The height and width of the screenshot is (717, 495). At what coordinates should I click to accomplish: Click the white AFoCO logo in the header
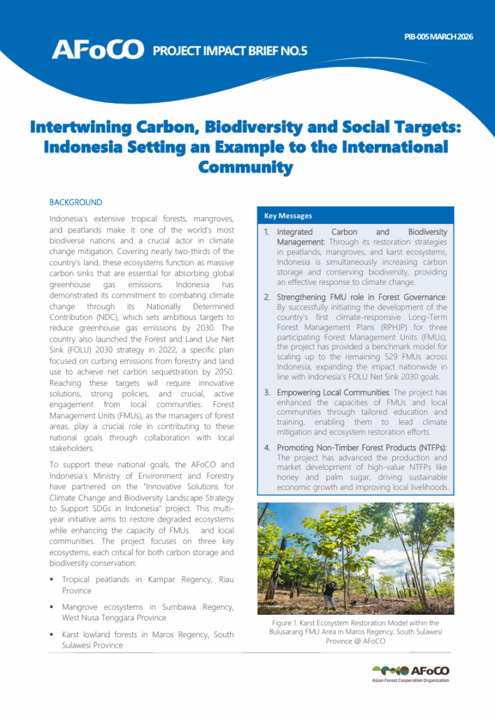pyautogui.click(x=98, y=49)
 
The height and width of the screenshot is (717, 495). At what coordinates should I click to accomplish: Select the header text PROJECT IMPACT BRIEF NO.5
pyautogui.click(x=229, y=50)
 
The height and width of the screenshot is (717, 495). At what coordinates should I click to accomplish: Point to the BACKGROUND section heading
pyautogui.click(x=76, y=202)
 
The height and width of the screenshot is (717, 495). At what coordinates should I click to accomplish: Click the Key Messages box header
pyautogui.click(x=288, y=216)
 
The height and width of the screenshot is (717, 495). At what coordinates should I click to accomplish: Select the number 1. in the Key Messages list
pyautogui.click(x=267, y=232)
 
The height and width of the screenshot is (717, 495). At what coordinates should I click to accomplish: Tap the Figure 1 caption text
pyautogui.click(x=355, y=632)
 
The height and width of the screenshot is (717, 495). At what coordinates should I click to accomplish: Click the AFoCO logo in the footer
pyautogui.click(x=411, y=670)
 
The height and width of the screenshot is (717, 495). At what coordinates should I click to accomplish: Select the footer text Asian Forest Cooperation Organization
pyautogui.click(x=410, y=681)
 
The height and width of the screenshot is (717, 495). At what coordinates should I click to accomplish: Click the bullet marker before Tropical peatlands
pyautogui.click(x=52, y=580)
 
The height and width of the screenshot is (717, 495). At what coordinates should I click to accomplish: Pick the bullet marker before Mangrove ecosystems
pyautogui.click(x=52, y=607)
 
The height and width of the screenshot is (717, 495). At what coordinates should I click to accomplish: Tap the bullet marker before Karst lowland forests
pyautogui.click(x=52, y=634)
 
